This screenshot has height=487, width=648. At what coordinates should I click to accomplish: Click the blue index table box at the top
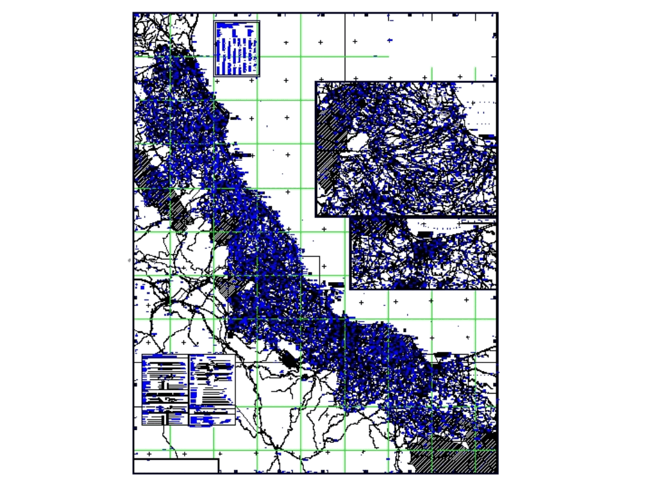tap(237, 49)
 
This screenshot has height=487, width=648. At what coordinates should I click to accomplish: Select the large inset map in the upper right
tap(406, 148)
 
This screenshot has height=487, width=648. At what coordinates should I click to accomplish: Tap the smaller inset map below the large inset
tap(423, 253)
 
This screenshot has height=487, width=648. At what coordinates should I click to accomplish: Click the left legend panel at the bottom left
tap(165, 390)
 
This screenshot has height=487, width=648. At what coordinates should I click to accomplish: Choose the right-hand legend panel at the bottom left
tap(212, 390)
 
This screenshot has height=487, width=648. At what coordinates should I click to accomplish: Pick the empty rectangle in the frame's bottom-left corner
tap(176, 466)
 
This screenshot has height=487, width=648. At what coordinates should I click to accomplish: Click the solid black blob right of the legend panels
tap(290, 359)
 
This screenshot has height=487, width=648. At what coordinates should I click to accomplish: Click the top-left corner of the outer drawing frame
tap(133, 12)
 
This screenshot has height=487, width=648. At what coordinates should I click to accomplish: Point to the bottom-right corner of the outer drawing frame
tap(498, 473)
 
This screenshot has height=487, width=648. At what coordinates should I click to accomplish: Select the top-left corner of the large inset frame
tap(316, 82)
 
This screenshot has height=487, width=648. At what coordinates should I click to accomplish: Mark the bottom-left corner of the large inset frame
tap(316, 215)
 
